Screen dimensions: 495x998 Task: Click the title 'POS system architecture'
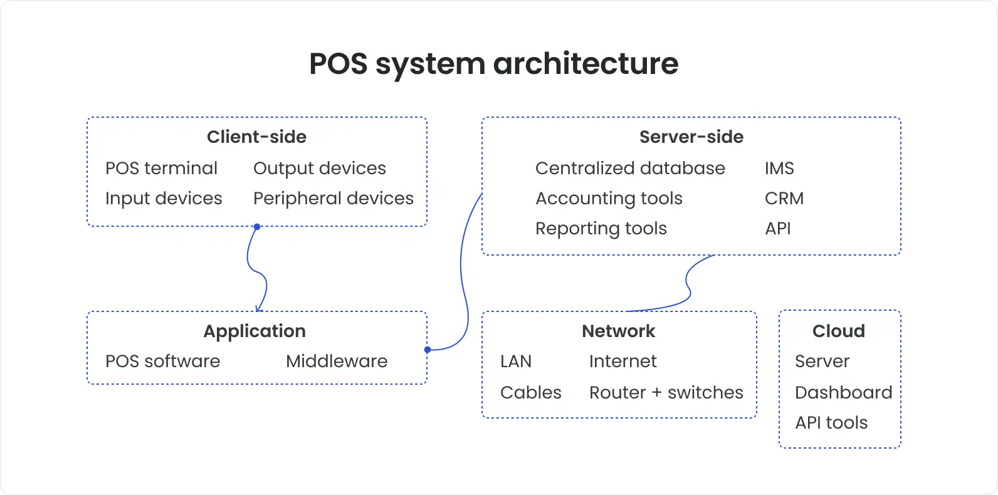493,64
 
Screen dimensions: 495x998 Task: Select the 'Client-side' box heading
256,137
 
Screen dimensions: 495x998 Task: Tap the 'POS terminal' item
161,168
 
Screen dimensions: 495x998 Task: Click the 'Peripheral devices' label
333,198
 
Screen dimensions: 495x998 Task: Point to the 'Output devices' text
319,168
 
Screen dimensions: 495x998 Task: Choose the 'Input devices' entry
164,198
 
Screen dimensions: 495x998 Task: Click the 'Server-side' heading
691,137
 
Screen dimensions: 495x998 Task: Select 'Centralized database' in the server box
630,168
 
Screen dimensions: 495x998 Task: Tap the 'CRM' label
784,198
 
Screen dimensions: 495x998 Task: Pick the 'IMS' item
779,168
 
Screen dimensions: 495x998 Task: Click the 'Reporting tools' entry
601,229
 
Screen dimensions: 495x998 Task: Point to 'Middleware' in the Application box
337,361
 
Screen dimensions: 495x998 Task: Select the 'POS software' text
162,361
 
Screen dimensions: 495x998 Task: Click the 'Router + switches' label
666,392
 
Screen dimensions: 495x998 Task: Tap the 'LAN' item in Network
515,361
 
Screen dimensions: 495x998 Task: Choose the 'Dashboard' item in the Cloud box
843,392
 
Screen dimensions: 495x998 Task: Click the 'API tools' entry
831,422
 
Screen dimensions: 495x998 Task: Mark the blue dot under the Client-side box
257,227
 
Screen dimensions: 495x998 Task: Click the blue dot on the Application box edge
428,350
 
